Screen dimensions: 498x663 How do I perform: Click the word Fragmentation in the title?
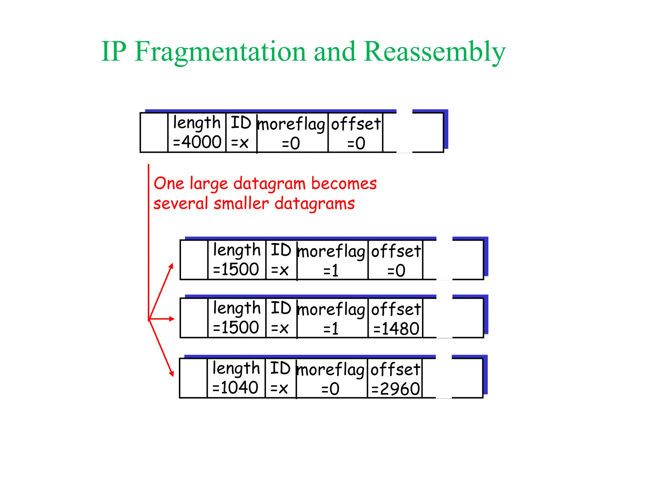tap(220, 52)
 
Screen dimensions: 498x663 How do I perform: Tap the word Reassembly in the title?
tap(434, 52)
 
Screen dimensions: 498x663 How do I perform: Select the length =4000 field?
tap(197, 132)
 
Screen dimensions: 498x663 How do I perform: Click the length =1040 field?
tap(236, 378)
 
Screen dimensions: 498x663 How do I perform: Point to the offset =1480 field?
tap(396, 318)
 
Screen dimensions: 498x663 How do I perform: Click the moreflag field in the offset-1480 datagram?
tap(332, 318)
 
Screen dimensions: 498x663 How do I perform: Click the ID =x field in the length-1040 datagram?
tap(280, 378)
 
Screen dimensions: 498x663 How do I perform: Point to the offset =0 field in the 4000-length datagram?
tap(355, 133)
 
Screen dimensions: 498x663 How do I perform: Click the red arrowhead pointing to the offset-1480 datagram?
tap(172, 319)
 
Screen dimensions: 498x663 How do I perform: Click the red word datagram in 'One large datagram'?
tap(269, 184)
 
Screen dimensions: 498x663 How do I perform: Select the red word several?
tap(180, 204)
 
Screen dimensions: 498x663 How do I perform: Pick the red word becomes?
tap(344, 184)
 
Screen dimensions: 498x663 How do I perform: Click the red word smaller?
tap(241, 204)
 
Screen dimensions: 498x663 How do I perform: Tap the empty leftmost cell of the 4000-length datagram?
tap(154, 132)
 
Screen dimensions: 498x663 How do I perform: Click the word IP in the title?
tap(114, 52)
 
